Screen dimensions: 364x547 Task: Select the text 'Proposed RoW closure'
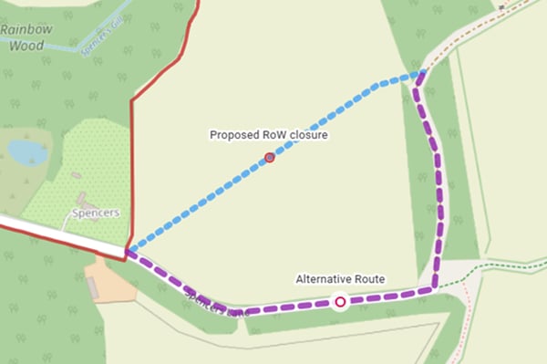(x=268, y=135)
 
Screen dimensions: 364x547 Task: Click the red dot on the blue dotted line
(x=270, y=158)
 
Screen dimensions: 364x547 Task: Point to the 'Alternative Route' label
(x=340, y=278)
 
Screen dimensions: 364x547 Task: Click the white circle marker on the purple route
(x=340, y=301)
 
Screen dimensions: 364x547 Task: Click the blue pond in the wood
(x=27, y=151)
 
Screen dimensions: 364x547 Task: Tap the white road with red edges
(x=55, y=234)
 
